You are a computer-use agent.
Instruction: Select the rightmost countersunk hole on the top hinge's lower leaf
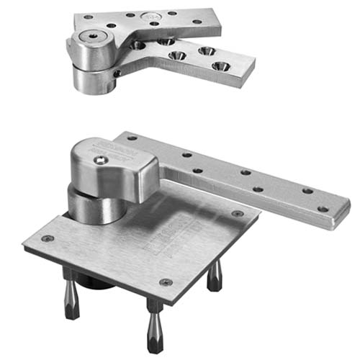[x=218, y=66]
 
